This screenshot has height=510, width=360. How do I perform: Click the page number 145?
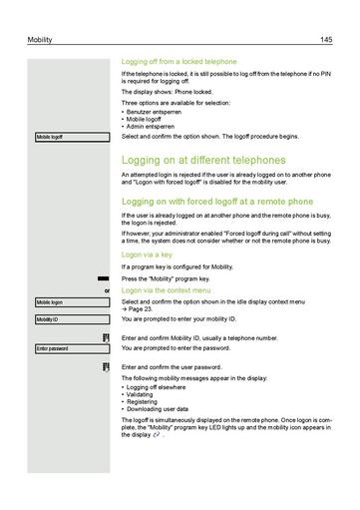click(x=325, y=39)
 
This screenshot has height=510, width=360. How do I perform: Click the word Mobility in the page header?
click(x=40, y=39)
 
